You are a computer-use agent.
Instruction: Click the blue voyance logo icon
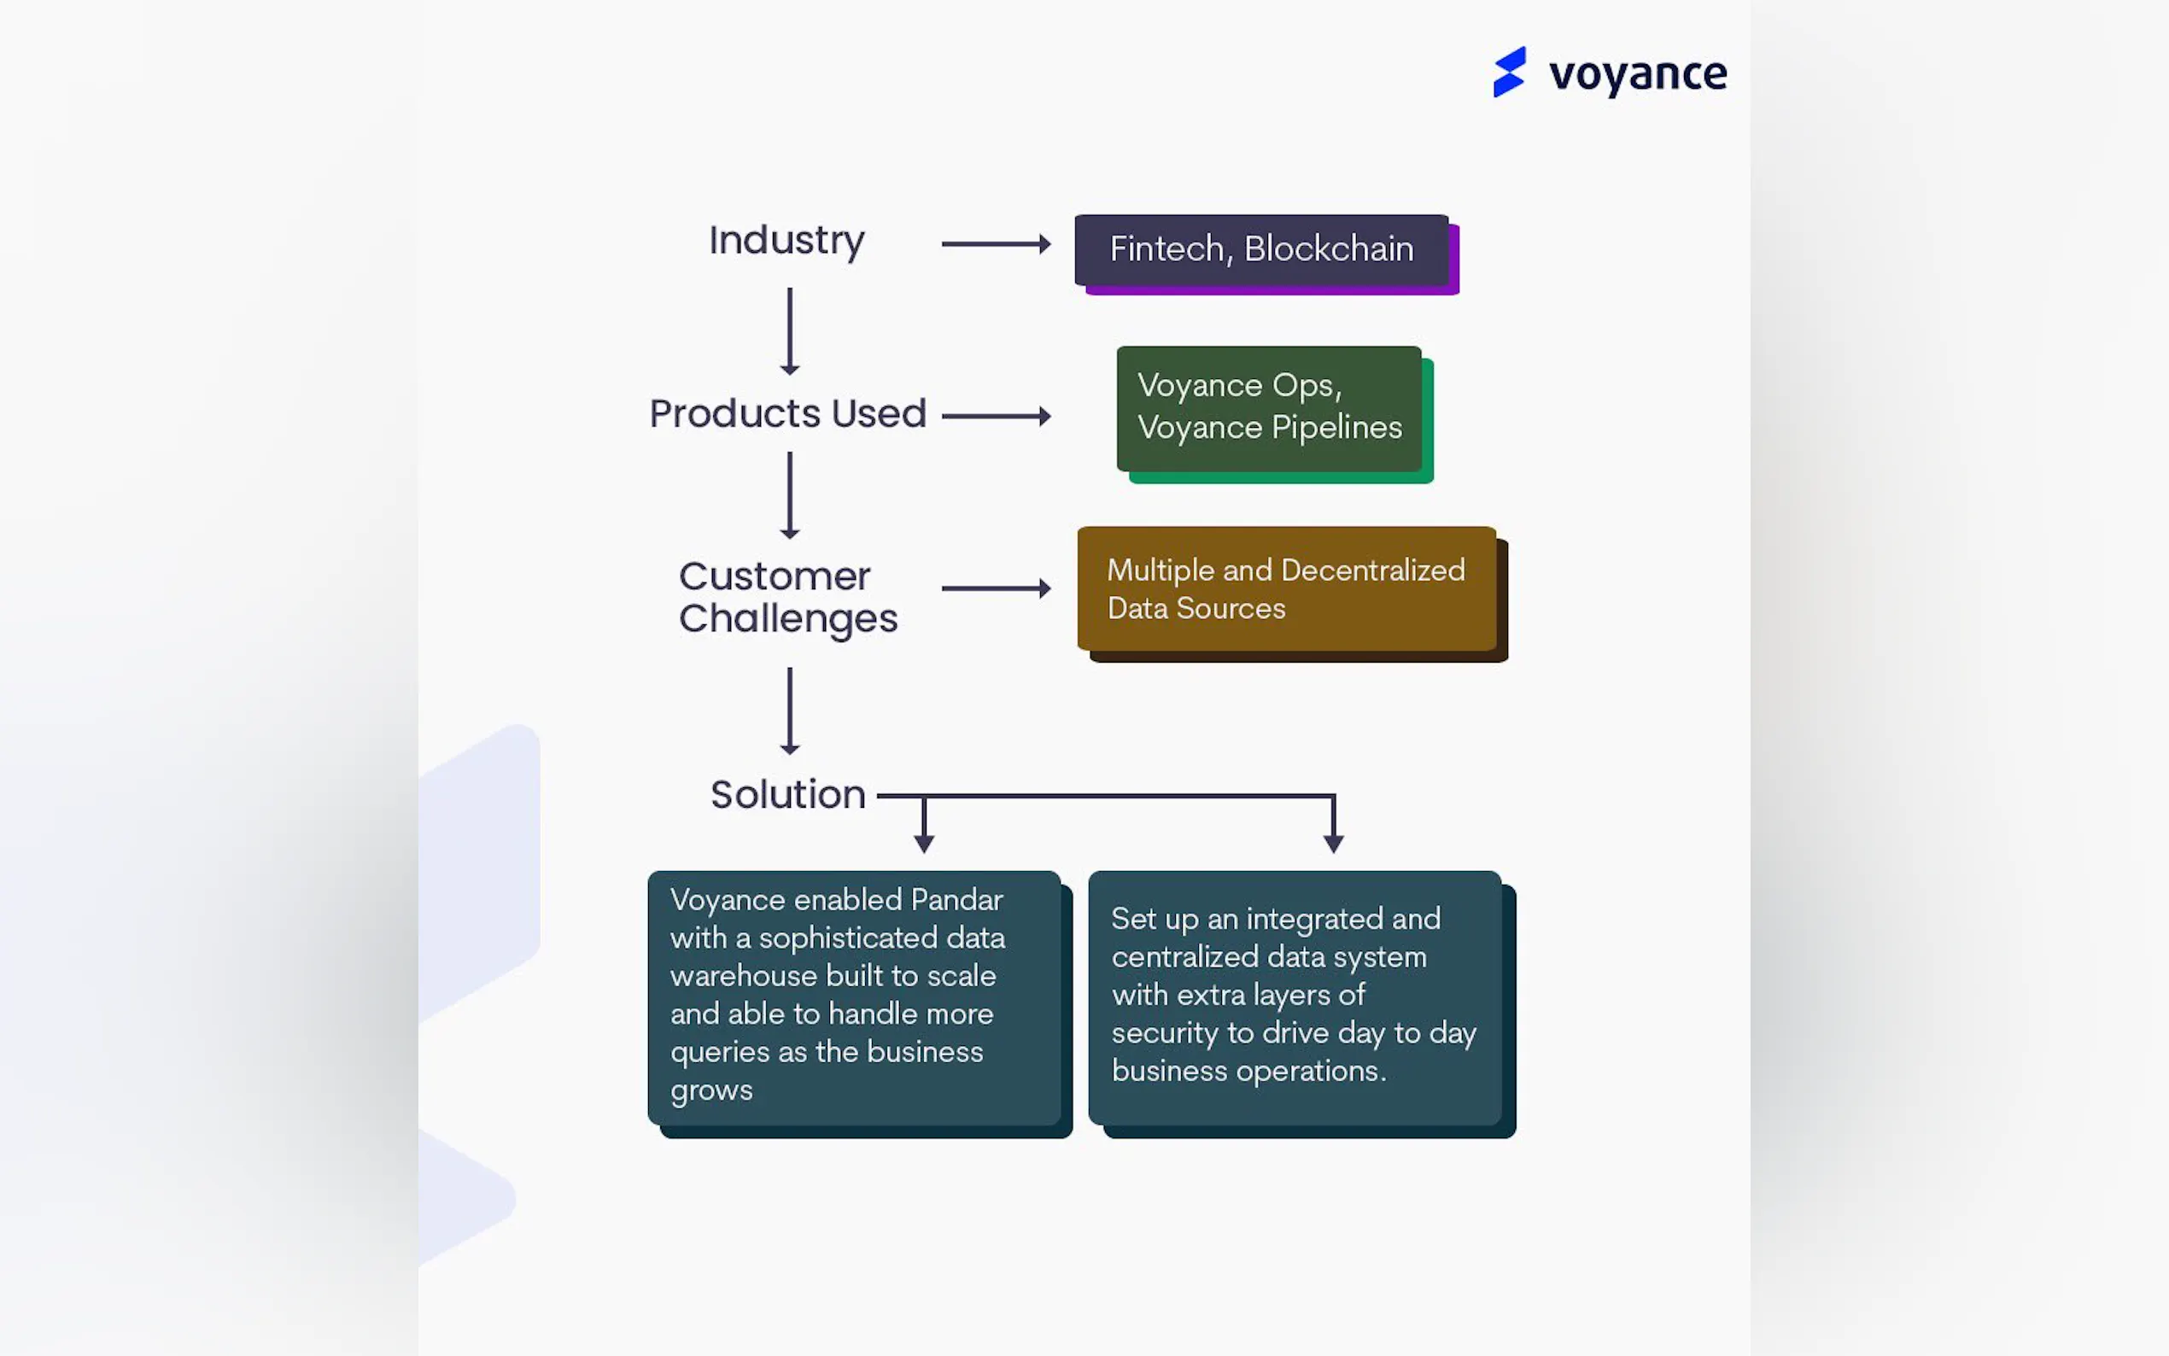(1509, 72)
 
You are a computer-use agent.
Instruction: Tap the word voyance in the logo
(1637, 74)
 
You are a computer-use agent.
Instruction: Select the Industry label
(786, 240)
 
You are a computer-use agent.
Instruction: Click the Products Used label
(787, 413)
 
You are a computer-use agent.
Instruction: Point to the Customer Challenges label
(787, 597)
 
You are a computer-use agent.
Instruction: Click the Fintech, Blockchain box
(1261, 249)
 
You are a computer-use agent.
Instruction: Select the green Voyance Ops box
(1269, 408)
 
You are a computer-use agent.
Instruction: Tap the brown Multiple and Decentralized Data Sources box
(1287, 588)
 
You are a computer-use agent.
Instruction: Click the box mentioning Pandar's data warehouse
(854, 997)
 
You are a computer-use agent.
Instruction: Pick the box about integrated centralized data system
(1294, 997)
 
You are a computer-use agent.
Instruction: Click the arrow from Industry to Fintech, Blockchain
(996, 243)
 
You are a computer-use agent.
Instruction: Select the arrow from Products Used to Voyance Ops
(996, 416)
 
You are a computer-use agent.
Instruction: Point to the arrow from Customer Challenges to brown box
(996, 588)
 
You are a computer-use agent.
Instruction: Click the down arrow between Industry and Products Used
(789, 330)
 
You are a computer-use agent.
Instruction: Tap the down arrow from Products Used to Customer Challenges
(789, 494)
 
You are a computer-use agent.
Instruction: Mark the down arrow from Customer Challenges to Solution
(789, 710)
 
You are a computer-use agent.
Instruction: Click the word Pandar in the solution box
(956, 899)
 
